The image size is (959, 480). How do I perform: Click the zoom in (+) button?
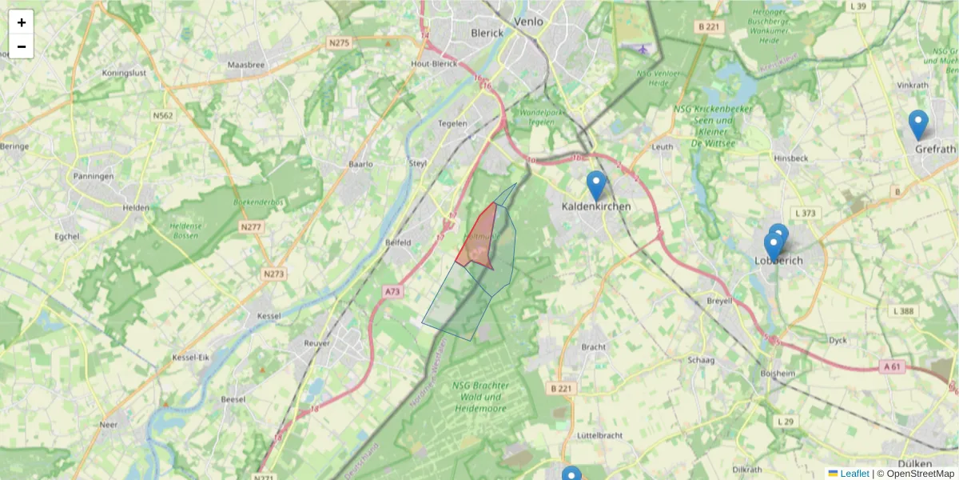click(x=22, y=22)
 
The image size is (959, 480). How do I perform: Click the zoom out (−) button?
click(x=22, y=46)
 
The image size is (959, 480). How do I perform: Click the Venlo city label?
click(x=527, y=22)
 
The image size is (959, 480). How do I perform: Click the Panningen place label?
click(x=94, y=176)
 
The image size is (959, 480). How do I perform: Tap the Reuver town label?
click(x=317, y=343)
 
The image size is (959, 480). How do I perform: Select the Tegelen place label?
click(x=452, y=124)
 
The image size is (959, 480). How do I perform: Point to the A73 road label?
click(x=392, y=292)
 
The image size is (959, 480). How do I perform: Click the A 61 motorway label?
click(x=893, y=366)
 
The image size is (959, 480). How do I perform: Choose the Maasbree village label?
click(x=245, y=64)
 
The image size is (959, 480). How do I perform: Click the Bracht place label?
click(x=594, y=348)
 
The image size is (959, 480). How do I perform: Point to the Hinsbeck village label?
click(x=790, y=158)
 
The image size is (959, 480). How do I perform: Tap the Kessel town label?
click(x=269, y=316)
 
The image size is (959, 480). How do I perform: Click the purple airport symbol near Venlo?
click(x=644, y=49)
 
